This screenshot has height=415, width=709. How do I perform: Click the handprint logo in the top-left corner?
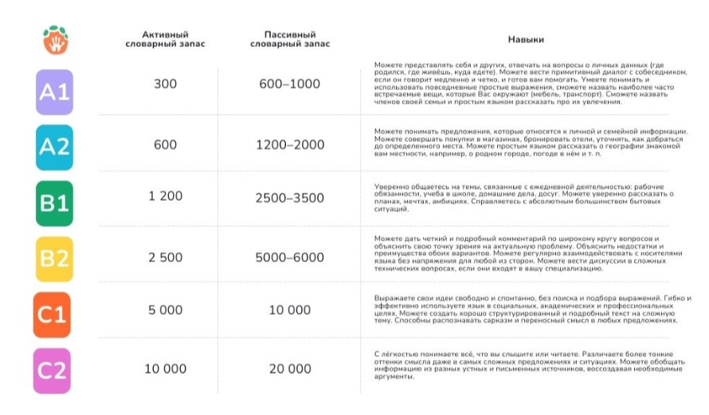tap(55, 38)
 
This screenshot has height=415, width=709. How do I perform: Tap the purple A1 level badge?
tap(54, 92)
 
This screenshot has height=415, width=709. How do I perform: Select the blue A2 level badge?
tap(54, 147)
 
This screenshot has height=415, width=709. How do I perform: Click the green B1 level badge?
tap(54, 203)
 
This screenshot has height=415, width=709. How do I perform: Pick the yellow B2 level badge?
tap(54, 258)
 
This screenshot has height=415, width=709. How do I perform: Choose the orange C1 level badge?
tap(53, 314)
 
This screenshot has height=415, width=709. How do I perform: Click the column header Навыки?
tap(526, 39)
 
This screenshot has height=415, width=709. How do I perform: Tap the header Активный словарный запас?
tap(165, 39)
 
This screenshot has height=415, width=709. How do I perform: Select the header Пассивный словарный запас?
tap(289, 39)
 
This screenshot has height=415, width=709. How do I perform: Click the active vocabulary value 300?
tap(165, 84)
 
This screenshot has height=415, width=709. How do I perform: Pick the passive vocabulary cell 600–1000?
tap(289, 84)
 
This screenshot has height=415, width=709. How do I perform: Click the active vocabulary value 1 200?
tap(165, 196)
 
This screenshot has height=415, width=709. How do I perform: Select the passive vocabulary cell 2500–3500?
tap(289, 198)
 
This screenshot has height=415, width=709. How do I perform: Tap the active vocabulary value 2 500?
tap(165, 257)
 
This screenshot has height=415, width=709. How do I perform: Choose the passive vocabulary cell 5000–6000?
tap(289, 257)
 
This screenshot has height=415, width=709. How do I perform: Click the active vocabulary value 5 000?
tap(165, 310)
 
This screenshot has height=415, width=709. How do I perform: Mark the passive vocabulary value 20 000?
tap(289, 369)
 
